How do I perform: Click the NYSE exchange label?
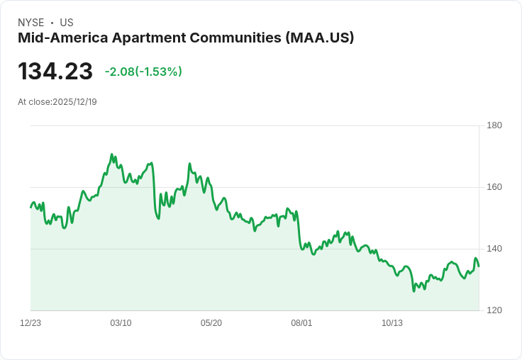coord(31,23)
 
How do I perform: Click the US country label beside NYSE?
coord(67,23)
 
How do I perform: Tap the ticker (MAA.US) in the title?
coord(319,38)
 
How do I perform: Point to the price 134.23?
coord(55,72)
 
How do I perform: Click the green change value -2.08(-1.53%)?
coord(143,72)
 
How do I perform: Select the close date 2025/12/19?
coord(74,102)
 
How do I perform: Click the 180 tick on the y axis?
coord(494,125)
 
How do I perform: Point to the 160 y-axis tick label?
coord(494,187)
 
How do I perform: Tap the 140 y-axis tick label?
coord(494,249)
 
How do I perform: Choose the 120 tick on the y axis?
coord(494,310)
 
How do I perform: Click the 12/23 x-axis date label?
coord(30,323)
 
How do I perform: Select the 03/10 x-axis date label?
coord(121,323)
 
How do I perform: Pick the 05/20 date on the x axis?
coord(211,323)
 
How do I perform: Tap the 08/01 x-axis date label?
coord(301,323)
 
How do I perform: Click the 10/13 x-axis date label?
coord(392,323)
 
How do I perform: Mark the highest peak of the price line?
coord(112,154)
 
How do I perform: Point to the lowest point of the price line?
coord(413,291)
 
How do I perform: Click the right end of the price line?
coord(479,266)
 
